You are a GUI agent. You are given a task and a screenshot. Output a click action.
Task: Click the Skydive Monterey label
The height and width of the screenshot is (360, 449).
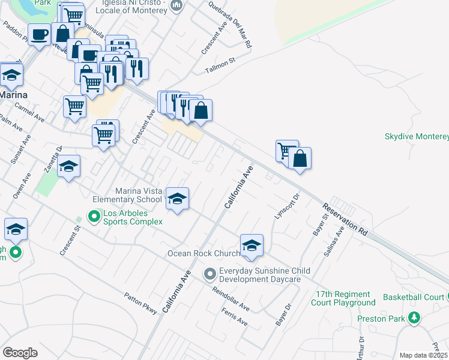(416, 136)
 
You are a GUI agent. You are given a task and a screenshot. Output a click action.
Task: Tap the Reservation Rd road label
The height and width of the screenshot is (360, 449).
(344, 219)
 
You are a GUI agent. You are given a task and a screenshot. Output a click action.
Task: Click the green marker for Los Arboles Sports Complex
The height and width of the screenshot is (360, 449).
(94, 215)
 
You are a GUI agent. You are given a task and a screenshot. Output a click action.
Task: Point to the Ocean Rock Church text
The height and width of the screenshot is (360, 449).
(203, 253)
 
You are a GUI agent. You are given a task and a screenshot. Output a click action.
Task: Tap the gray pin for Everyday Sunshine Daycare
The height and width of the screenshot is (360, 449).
(209, 274)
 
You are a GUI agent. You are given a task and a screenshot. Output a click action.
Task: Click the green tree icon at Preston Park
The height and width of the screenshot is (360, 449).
(414, 318)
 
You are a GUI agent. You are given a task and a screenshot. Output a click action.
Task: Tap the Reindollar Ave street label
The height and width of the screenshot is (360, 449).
(231, 298)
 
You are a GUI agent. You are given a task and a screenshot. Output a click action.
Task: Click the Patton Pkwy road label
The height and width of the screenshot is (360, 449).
(140, 304)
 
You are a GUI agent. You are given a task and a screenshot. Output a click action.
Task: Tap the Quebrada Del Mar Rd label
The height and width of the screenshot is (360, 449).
(238, 29)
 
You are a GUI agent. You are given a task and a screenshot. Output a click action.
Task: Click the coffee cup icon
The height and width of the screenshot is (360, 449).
(40, 34)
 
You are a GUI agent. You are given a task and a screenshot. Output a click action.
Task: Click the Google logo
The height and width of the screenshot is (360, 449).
(20, 352)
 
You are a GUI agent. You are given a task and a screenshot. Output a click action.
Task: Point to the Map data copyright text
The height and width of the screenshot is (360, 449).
(423, 355)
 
